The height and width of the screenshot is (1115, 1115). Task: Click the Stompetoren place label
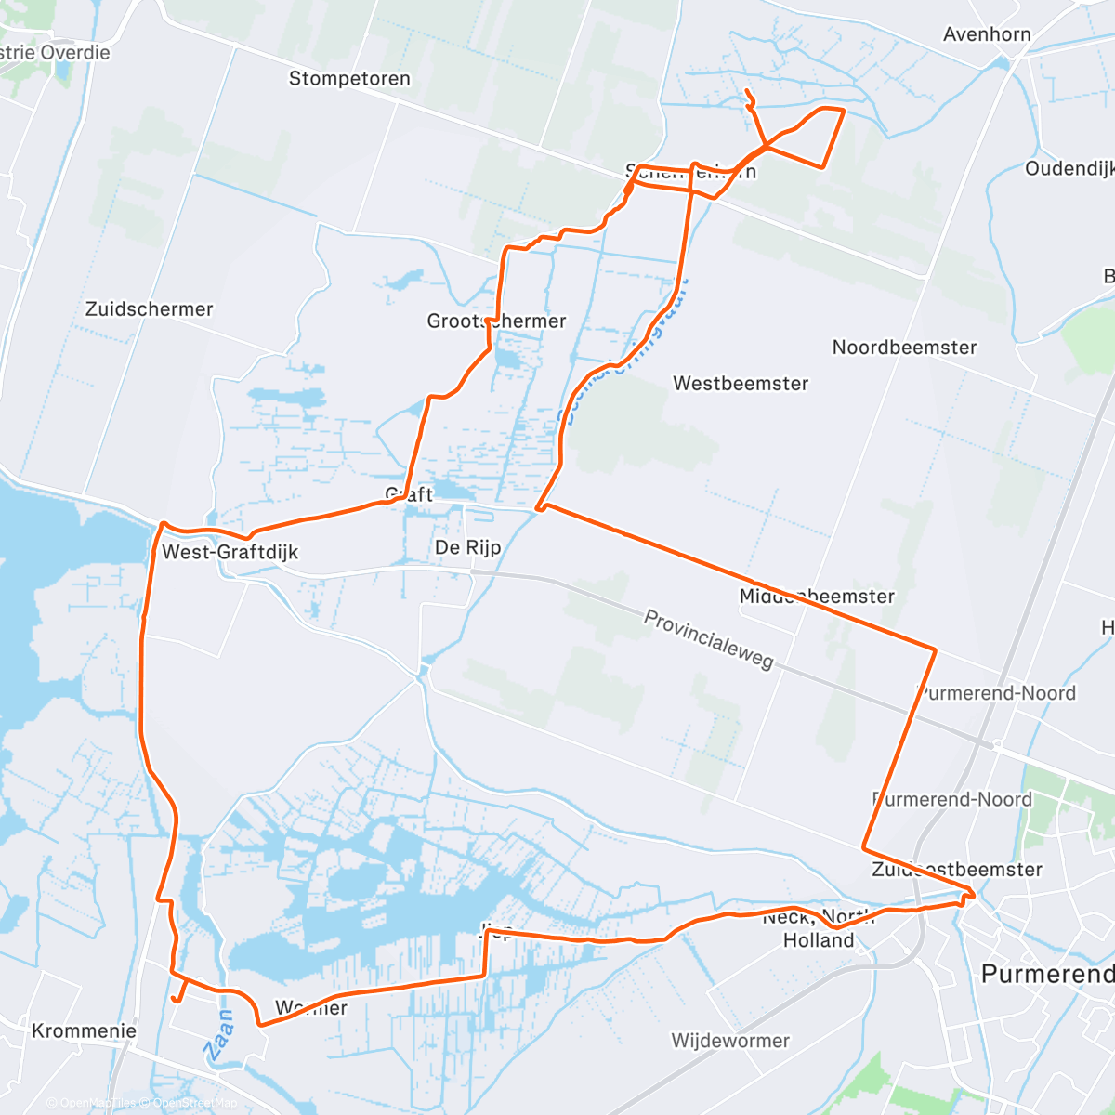tap(349, 79)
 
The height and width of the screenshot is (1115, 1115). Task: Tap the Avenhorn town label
tap(987, 34)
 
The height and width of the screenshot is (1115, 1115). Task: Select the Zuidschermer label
tap(149, 309)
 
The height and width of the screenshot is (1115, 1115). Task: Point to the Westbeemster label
tap(741, 383)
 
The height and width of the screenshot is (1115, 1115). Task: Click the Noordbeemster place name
tap(904, 348)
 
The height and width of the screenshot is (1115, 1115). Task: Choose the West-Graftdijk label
tap(230, 552)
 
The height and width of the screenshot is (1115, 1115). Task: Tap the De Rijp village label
tap(467, 547)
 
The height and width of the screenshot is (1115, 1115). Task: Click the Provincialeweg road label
tap(708, 639)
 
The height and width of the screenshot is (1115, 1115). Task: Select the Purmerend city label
tap(1047, 974)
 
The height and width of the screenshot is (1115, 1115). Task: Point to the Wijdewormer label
tap(730, 1041)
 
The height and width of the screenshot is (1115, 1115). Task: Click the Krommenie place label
tap(84, 1030)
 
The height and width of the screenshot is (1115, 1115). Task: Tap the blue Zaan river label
tap(219, 1036)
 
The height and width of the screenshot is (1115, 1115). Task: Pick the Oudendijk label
tap(1069, 168)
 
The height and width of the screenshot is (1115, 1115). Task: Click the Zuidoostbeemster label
tap(956, 870)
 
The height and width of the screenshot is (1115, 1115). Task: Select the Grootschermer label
tap(496, 321)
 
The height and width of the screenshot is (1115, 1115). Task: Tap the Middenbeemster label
tap(817, 596)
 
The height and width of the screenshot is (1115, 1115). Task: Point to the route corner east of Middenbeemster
tap(935, 649)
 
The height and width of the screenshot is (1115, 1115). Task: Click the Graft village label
tap(410, 494)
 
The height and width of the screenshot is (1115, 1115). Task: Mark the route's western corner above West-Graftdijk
tap(163, 524)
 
